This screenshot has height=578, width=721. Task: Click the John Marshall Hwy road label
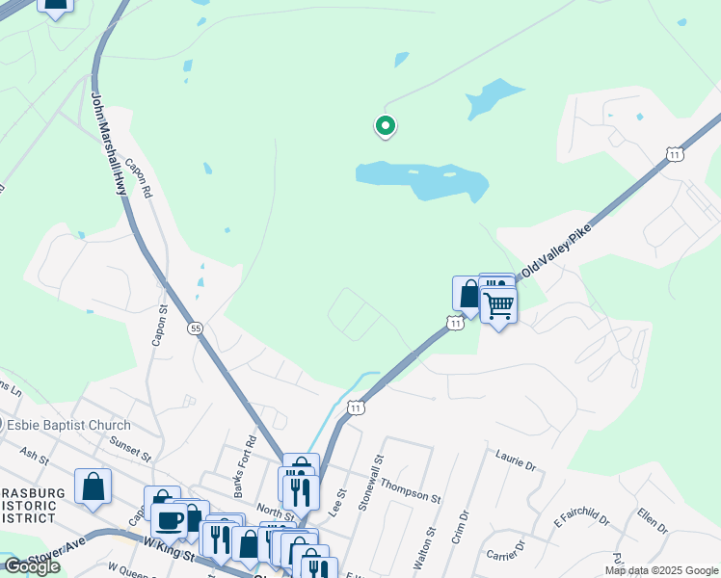click(x=108, y=144)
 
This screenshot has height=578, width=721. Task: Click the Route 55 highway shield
click(x=196, y=328)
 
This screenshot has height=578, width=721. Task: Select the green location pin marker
click(x=385, y=125)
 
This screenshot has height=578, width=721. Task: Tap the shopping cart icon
click(x=498, y=305)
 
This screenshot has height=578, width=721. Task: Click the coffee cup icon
click(x=170, y=520)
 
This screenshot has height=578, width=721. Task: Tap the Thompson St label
click(x=410, y=490)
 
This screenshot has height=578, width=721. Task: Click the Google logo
click(x=32, y=566)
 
